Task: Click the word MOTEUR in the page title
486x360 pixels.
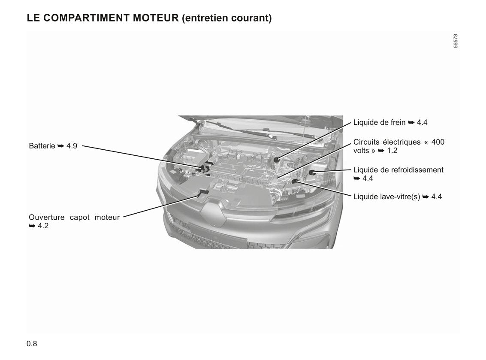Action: [x=156, y=18]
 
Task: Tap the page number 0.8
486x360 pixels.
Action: [x=32, y=344]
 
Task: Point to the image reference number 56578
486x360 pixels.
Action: [x=455, y=41]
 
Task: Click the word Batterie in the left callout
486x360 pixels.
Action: [x=42, y=146]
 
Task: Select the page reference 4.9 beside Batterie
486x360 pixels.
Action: [x=72, y=146]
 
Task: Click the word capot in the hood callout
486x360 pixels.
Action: [x=80, y=218]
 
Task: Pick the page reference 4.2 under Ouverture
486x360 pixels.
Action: [x=43, y=226]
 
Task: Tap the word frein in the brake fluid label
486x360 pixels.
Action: [x=398, y=122]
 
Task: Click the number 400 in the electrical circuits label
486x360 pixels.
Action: [x=438, y=142]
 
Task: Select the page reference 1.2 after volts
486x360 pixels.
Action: [x=392, y=151]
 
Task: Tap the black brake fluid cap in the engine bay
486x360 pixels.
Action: [x=277, y=160]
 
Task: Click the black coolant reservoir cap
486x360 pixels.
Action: [x=312, y=172]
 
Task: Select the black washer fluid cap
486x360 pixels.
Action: [x=294, y=181]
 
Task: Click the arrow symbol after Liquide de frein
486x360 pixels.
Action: [x=411, y=122]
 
